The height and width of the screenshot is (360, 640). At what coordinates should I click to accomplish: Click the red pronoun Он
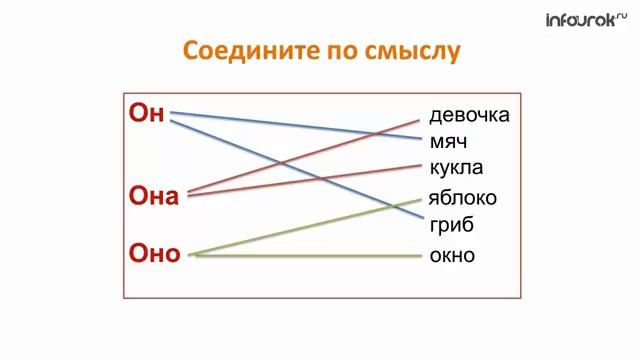[146, 112]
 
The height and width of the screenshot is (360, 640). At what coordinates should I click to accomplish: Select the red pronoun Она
[154, 195]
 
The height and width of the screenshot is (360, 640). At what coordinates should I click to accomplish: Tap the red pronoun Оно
[155, 253]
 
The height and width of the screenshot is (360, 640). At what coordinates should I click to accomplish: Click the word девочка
[469, 115]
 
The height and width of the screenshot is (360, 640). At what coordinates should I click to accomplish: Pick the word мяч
[448, 141]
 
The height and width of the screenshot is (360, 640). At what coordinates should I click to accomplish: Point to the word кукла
[456, 167]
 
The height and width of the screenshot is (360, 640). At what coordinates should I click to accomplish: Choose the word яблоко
[462, 197]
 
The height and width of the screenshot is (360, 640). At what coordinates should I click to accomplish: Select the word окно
[452, 255]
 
